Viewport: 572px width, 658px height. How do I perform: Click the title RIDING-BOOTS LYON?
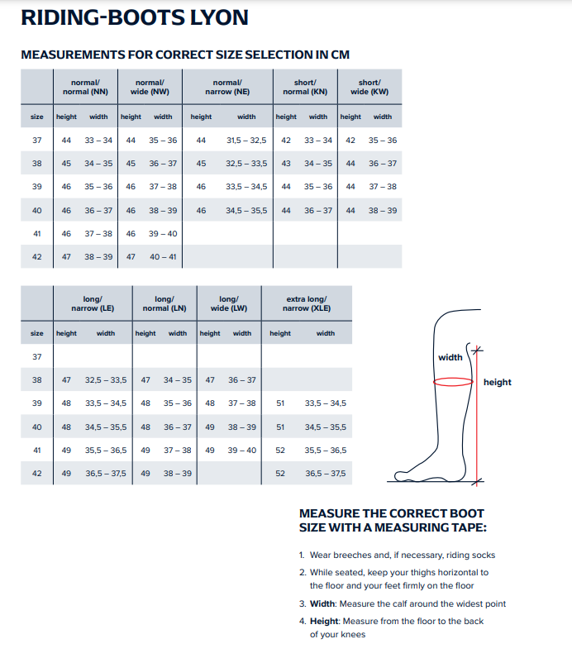click(134, 18)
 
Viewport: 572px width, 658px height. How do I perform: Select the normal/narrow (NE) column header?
click(227, 88)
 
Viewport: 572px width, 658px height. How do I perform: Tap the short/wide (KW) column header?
click(369, 88)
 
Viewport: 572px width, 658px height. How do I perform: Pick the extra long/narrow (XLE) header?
click(306, 303)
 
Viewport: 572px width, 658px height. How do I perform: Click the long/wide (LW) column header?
click(228, 303)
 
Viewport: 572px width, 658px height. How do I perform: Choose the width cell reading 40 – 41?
click(163, 257)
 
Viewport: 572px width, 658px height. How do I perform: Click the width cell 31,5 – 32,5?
click(246, 141)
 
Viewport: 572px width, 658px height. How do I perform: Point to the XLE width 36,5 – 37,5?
click(326, 474)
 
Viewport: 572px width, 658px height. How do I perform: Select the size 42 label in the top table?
click(36, 257)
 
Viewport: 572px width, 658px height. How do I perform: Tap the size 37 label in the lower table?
click(36, 356)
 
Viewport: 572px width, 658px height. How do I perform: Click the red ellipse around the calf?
click(453, 382)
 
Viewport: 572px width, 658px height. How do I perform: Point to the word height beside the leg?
click(498, 382)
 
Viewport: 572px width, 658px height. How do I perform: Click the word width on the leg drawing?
click(450, 357)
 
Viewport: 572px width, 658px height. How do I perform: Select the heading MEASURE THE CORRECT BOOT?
click(391, 513)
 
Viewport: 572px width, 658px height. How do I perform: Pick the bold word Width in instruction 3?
click(323, 603)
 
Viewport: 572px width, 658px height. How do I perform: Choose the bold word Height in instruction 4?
click(325, 620)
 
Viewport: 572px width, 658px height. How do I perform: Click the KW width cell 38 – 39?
click(383, 211)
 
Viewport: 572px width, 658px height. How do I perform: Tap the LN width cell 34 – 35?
click(178, 380)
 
